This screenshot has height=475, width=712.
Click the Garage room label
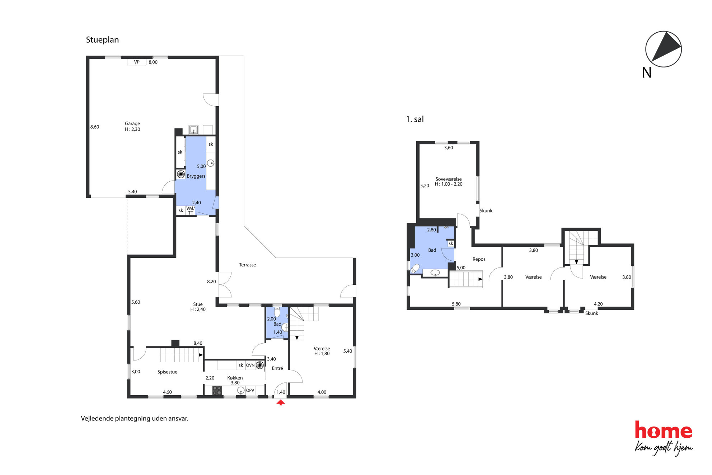coord(132,124)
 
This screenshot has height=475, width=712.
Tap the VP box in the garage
coord(137,62)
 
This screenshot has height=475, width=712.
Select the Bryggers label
coord(196,176)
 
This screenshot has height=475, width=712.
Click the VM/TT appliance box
coord(190,211)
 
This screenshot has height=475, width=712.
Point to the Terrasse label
coord(247,265)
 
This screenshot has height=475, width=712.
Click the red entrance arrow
coord(281,402)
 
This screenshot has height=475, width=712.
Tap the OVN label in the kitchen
coord(250,365)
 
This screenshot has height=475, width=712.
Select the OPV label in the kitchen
coord(250,390)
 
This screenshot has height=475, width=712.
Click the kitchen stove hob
coord(217,391)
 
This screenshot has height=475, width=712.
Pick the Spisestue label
coord(167,372)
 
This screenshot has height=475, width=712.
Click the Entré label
coord(277,368)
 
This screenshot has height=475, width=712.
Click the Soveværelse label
coord(449,179)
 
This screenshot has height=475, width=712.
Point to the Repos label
coord(479,259)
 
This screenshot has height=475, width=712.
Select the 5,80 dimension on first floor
coord(456,304)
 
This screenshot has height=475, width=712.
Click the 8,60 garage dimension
coord(95,127)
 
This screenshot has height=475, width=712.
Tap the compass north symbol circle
coord(663,49)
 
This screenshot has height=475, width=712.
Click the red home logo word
coord(663,430)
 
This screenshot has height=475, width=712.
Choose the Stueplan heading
coord(102,40)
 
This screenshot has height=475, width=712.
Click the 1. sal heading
coord(415,119)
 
